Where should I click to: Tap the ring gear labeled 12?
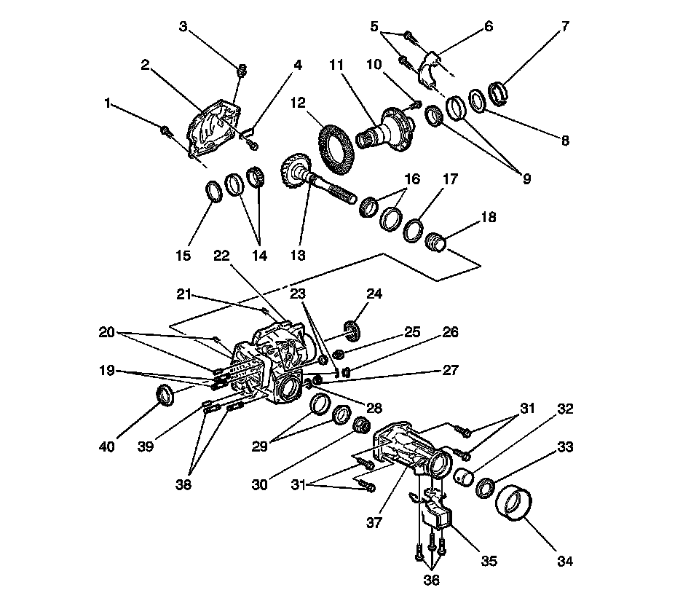coord(337,145)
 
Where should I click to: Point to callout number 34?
coord(565,561)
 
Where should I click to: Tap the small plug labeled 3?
coord(242,70)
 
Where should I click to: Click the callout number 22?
coord(222,256)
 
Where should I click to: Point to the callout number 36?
coord(431,581)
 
